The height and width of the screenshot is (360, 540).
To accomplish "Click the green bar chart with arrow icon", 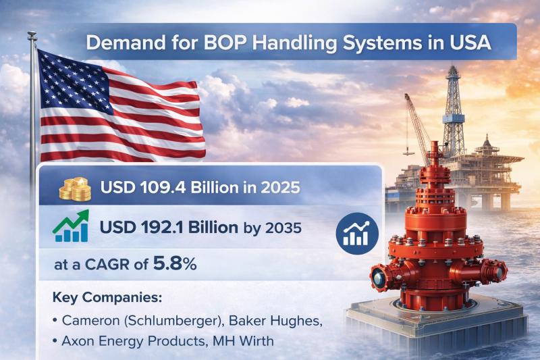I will [70, 228].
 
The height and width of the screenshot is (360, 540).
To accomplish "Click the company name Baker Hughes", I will [283, 321].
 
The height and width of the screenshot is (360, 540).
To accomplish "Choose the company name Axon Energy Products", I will [132, 342].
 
